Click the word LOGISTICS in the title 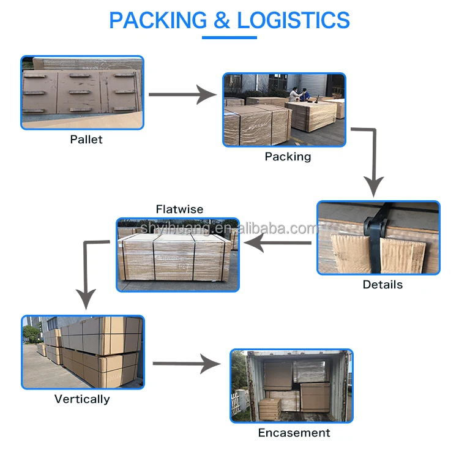(x=293, y=20)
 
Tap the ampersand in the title (x=221, y=20)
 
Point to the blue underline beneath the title (x=229, y=38)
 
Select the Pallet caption (x=86, y=140)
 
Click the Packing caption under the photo (x=288, y=157)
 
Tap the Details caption (x=382, y=285)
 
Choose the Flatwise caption (x=179, y=209)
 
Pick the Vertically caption (x=82, y=399)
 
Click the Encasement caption (x=294, y=433)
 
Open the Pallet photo (x=83, y=92)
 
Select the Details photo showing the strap (x=378, y=238)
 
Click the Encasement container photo (x=291, y=386)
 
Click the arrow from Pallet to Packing (x=182, y=94)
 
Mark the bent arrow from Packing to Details (x=372, y=159)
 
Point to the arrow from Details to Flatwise (x=278, y=244)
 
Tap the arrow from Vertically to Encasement (x=186, y=364)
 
